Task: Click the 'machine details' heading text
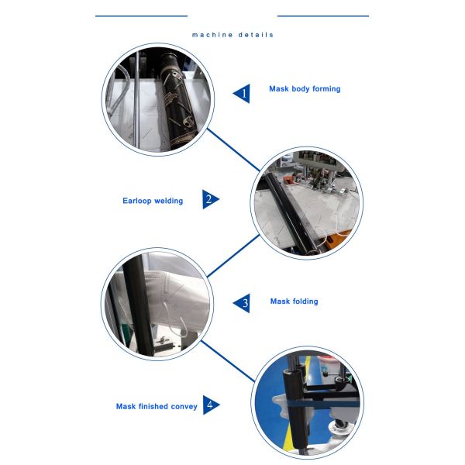coord(232,35)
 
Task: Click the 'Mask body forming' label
coord(305,88)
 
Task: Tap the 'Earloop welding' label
coord(153,201)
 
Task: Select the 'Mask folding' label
coord(294,301)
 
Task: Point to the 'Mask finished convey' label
coord(157,406)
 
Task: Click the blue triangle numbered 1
coord(242,94)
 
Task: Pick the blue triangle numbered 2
coord(211,199)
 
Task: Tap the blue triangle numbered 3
coord(242,303)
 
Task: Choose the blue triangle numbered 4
coord(211,405)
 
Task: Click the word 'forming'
coord(326,89)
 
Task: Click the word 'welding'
coord(168,201)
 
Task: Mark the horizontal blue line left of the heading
coord(142,16)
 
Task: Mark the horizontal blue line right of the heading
coord(323,16)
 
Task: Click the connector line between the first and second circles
coord(233,150)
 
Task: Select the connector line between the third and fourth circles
coord(228,361)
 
